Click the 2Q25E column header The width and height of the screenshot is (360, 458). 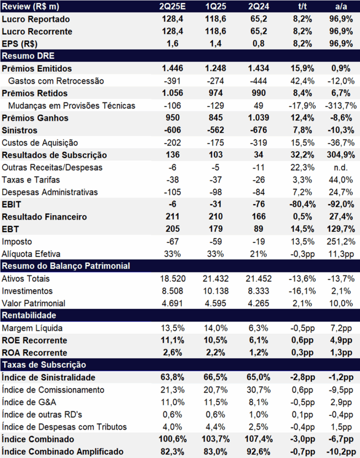pos(172,6)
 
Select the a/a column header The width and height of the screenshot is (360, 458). pos(341,6)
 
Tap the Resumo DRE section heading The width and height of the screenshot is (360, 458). pos(28,56)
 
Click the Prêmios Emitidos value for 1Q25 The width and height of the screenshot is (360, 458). pos(216,68)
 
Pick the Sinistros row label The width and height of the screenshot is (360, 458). pos(20,130)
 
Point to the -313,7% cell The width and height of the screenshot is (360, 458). pos(341,106)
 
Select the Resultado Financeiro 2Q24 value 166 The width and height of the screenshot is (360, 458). pos(258,217)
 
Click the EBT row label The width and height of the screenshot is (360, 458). pos(10,229)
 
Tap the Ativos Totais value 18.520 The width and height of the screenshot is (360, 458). pos(173,279)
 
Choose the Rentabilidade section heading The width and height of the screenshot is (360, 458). pos(29,315)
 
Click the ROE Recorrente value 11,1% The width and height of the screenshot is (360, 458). pos(172,340)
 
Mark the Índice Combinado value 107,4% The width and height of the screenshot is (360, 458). pos(258,439)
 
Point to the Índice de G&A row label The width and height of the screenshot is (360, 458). pos(29,402)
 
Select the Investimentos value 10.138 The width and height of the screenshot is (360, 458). pos(216,291)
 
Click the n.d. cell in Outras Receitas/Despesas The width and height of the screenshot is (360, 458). pos(341,168)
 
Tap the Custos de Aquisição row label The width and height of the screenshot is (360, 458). pos(40,143)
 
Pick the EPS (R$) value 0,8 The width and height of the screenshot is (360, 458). pos(258,44)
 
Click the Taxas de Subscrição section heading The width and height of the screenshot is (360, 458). pos(44,365)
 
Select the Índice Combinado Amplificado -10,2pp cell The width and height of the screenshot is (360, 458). pos(341,452)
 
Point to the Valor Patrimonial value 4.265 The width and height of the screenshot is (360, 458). pos(258,304)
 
